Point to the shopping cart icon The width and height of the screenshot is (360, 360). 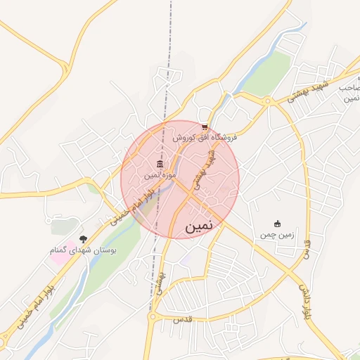click(x=205, y=127)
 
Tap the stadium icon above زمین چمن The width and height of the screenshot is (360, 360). click(x=276, y=224)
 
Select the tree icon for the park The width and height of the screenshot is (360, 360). click(x=83, y=240)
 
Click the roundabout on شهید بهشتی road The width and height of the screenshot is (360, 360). click(x=267, y=101)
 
